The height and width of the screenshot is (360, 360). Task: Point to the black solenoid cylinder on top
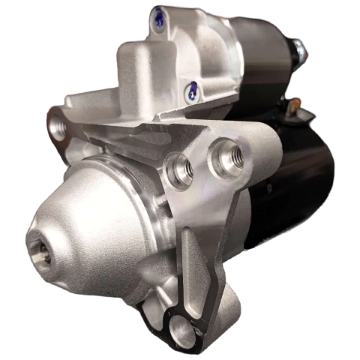tap(259, 52)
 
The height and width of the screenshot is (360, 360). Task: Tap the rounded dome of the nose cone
tap(82, 217)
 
